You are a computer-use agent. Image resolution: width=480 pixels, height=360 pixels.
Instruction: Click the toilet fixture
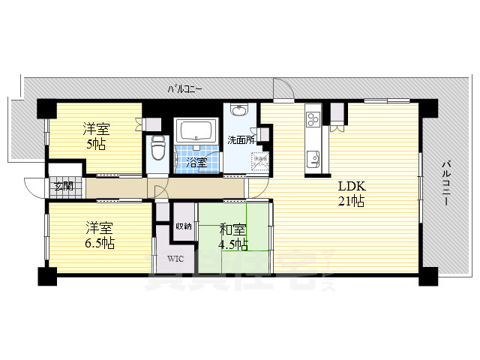(x=157, y=149)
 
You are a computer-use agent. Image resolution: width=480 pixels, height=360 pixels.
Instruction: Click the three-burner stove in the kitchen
(x=313, y=119)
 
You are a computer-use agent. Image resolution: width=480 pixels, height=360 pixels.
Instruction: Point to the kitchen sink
(x=313, y=158)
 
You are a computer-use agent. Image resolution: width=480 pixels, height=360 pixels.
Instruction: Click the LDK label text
(x=350, y=185)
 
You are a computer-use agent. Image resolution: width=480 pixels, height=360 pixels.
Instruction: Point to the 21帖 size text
(x=351, y=201)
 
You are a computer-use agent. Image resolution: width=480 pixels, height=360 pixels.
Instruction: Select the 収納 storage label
(x=184, y=226)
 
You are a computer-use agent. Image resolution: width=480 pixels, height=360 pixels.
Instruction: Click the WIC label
(x=175, y=259)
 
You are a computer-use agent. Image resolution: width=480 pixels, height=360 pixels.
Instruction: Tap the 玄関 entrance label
(x=63, y=187)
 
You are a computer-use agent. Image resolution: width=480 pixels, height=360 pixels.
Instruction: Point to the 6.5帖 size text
(x=99, y=244)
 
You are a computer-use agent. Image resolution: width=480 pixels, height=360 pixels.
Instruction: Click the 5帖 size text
(x=96, y=143)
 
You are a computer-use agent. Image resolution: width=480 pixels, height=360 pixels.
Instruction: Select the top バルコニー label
(x=184, y=89)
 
